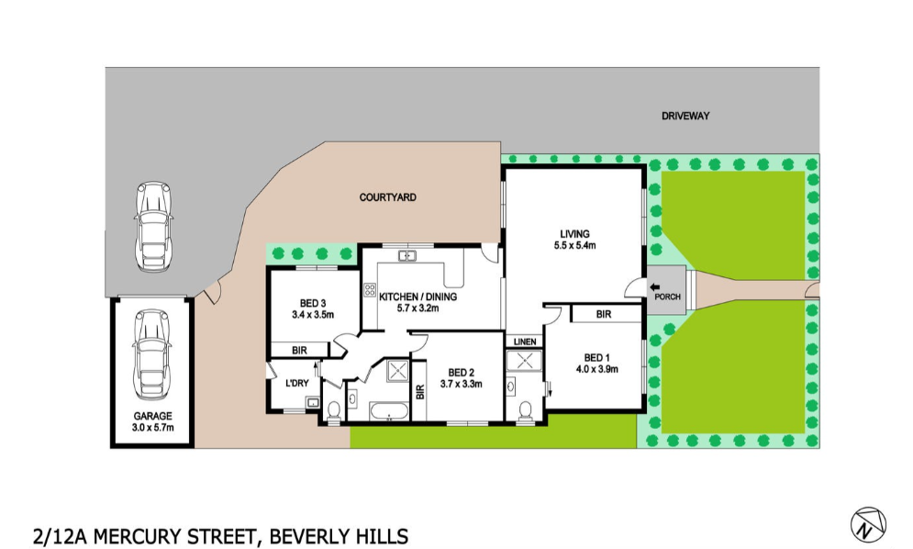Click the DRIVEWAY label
[685, 117]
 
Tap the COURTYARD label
[388, 197]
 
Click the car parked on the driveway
[154, 226]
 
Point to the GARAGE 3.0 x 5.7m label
[152, 421]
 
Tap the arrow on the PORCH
[655, 287]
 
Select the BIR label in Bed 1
[603, 314]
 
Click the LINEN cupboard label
[524, 342]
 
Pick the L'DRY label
[295, 382]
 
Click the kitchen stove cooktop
[370, 290]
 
